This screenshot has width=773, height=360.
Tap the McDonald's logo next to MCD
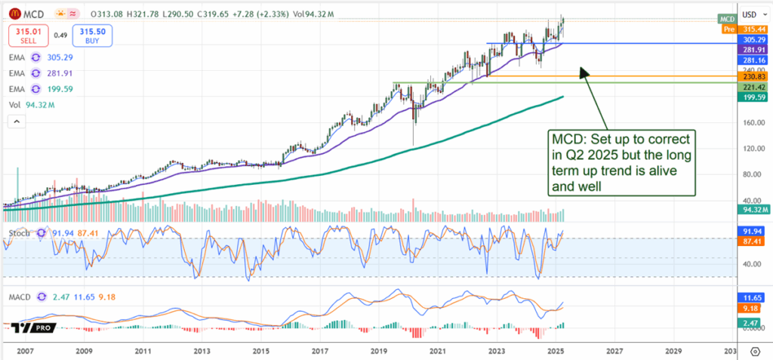(14, 14)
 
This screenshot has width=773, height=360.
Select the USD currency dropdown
(751, 14)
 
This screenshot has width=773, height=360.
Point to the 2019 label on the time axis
(379, 351)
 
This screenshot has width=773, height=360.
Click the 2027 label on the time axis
(614, 351)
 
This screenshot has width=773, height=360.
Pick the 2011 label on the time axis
(143, 351)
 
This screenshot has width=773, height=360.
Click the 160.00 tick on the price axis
(750, 122)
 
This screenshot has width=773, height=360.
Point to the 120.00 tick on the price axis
(750, 148)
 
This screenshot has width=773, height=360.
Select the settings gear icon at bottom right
(755, 352)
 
